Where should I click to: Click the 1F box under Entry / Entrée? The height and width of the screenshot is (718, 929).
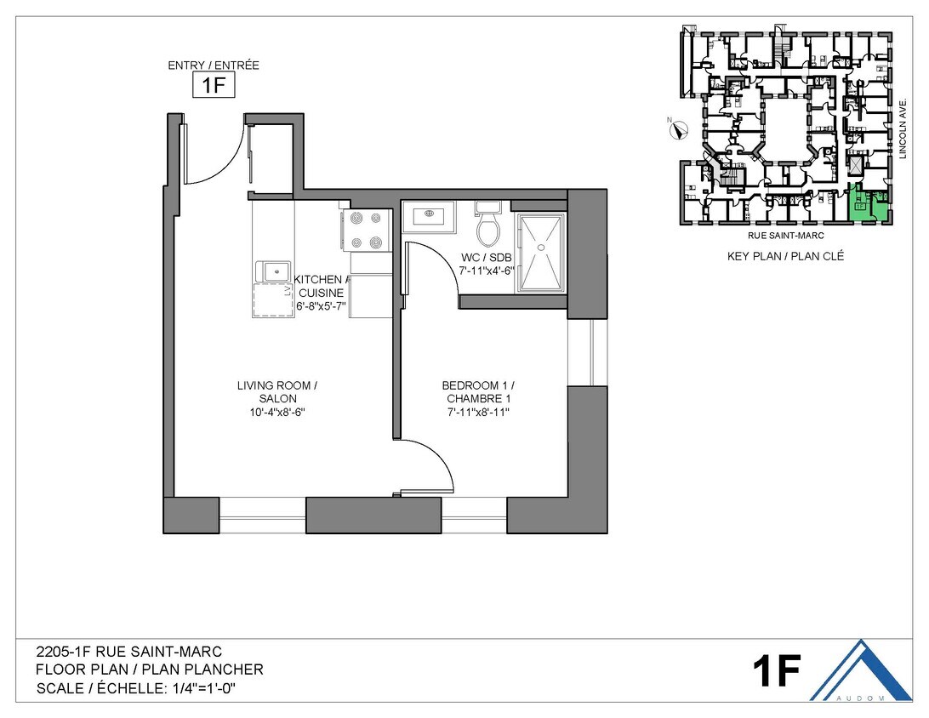click(213, 86)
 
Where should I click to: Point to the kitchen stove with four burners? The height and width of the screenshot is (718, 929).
click(364, 231)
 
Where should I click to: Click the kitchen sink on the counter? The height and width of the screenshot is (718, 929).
click(273, 271)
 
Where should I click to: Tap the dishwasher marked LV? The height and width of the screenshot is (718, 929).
click(273, 300)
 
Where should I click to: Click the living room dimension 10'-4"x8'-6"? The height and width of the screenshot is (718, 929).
click(277, 413)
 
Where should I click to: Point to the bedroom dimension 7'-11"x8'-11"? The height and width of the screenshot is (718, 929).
click(480, 413)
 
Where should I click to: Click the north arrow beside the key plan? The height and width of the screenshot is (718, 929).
click(678, 130)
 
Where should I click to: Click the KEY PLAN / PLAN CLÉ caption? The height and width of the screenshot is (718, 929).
click(785, 256)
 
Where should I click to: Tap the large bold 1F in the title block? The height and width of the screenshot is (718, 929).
click(776, 672)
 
